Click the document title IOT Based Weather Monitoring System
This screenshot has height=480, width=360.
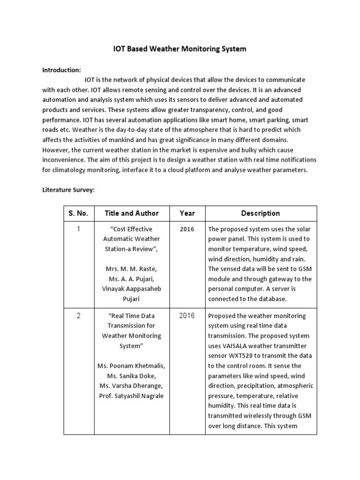[180, 49]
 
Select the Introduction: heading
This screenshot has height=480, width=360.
[62, 70]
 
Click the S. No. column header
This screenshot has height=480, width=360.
[79, 213]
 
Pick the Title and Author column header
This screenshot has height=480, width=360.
[132, 213]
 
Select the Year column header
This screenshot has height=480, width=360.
[187, 213]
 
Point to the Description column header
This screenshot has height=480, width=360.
[261, 213]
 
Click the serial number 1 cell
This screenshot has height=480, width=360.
[79, 229]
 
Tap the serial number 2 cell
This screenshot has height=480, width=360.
[79, 315]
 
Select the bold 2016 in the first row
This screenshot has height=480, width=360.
[187, 229]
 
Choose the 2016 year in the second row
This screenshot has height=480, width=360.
[187, 315]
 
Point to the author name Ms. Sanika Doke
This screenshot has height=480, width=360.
[131, 375]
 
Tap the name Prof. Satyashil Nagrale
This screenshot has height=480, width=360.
[131, 396]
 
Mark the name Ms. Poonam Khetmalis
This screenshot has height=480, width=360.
[131, 365]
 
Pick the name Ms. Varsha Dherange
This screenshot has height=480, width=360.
[131, 386]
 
